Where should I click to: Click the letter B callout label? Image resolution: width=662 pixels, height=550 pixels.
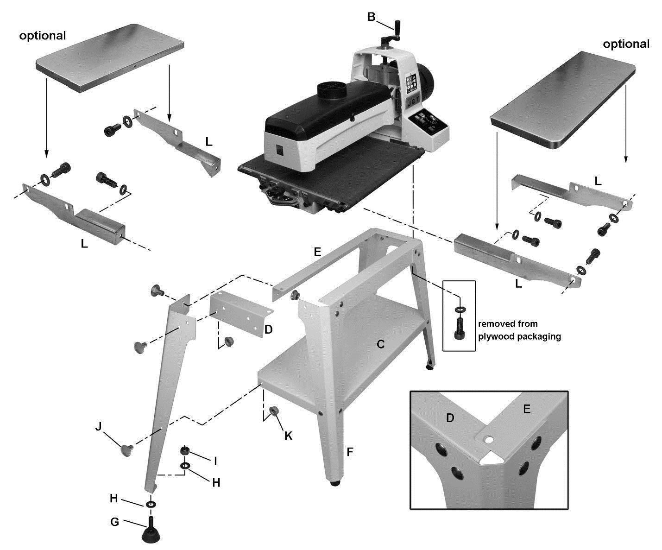[372, 17]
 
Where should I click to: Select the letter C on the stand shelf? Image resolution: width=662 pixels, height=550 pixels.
[380, 344]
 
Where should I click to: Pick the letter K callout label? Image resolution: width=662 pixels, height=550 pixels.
[288, 436]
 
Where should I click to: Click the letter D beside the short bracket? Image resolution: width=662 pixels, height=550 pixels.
[268, 330]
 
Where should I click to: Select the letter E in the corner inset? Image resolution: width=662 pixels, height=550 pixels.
[526, 409]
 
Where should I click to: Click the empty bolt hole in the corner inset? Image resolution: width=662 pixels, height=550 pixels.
[488, 439]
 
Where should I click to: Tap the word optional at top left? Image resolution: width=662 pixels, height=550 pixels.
[43, 36]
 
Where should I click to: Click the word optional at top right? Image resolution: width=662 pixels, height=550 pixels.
[626, 44]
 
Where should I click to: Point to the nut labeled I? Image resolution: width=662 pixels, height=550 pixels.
[184, 450]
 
